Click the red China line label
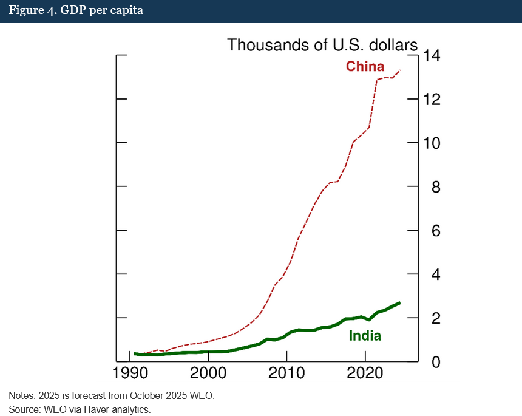point(365,66)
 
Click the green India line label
point(365,336)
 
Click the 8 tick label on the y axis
point(431,187)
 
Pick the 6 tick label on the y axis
point(431,231)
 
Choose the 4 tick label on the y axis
point(431,274)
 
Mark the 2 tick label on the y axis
point(431,318)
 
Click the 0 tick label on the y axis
point(431,362)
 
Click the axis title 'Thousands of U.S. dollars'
point(322,45)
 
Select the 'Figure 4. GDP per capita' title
point(76,11)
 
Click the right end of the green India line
point(399,302)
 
